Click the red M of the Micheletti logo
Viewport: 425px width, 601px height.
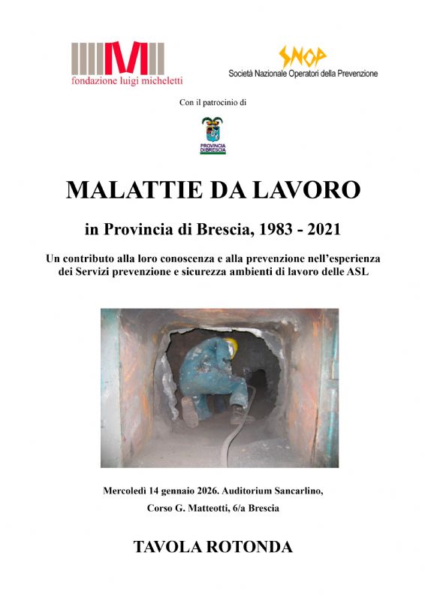[x=119, y=58]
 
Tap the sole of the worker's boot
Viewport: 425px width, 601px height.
[x=190, y=412]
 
